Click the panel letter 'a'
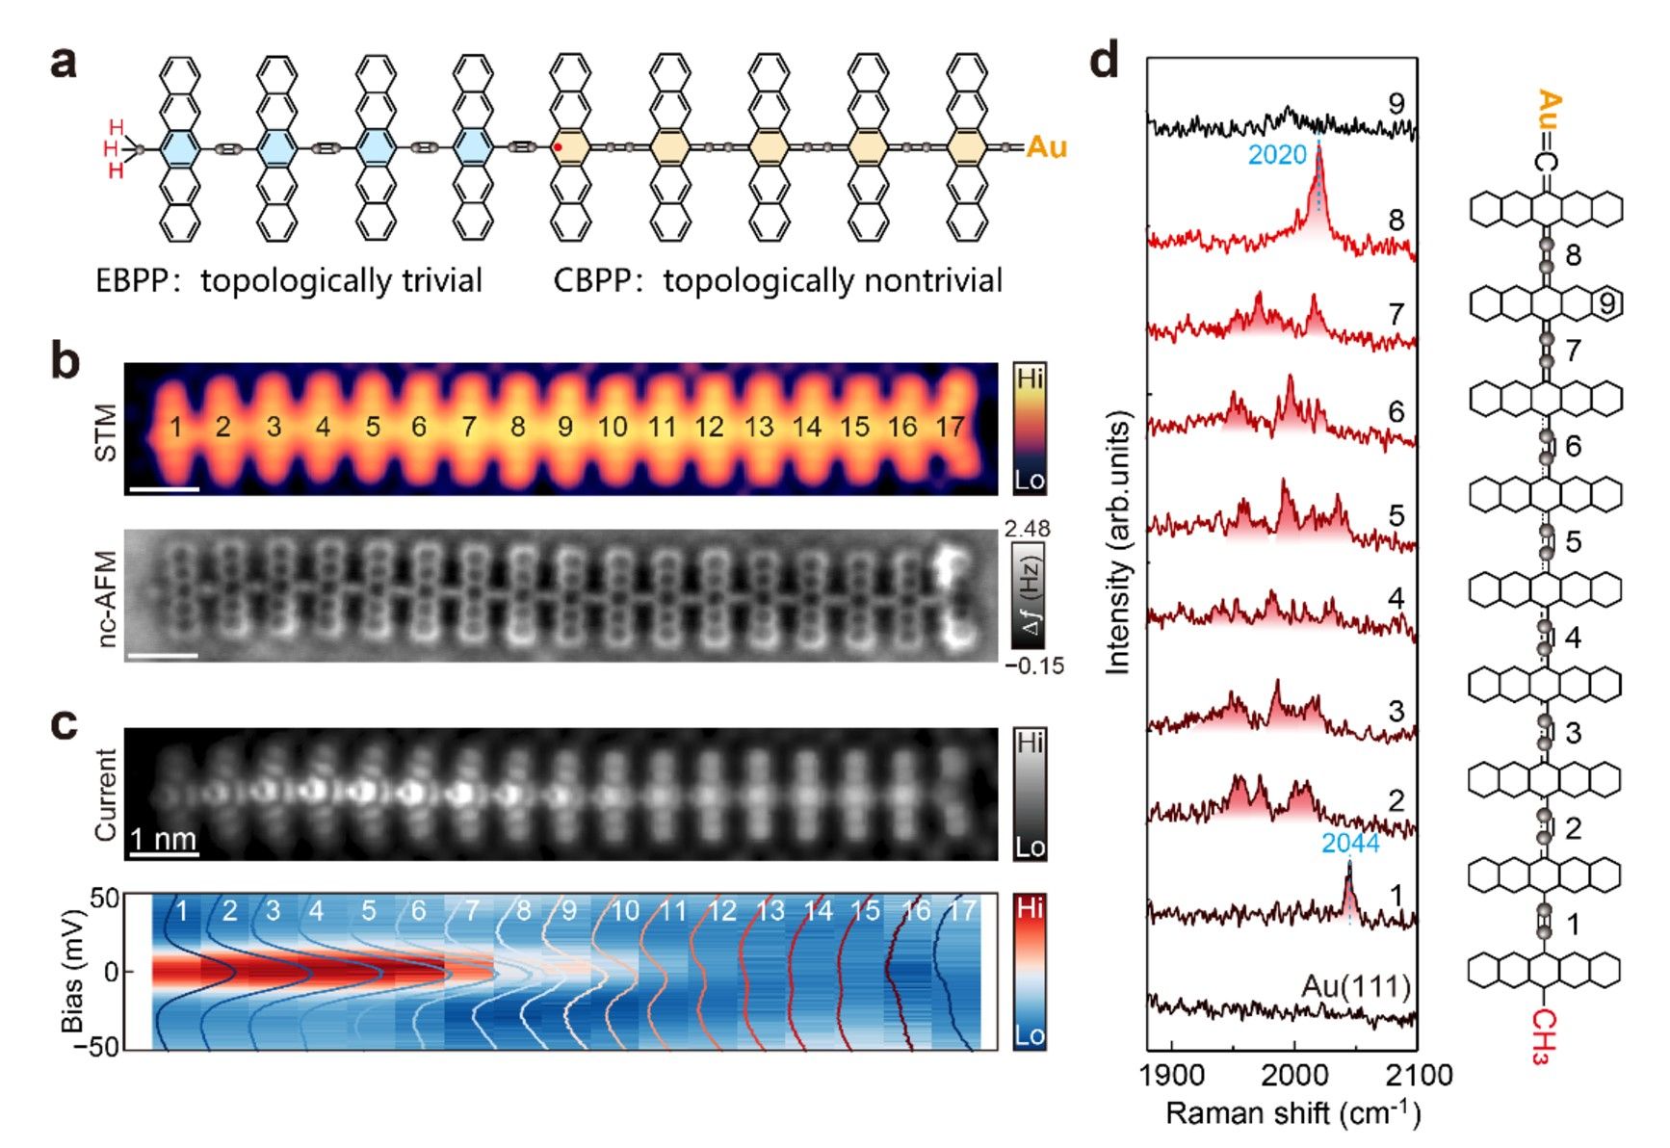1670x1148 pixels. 63,65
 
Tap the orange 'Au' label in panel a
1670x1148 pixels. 1046,147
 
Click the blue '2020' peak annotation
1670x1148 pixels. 1276,155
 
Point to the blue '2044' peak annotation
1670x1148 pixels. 1349,844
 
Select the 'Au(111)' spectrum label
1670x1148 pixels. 1356,986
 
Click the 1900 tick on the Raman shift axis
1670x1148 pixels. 1172,1074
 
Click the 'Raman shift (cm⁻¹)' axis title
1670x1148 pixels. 1292,1113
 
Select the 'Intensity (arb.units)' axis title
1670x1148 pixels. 1117,543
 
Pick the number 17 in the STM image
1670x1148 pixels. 950,427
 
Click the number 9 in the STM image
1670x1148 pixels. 565,427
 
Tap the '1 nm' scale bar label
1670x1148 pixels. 163,839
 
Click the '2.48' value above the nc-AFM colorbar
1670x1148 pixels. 1027,529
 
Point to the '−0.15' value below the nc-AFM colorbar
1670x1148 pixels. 1033,665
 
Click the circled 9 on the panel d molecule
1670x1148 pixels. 1606,304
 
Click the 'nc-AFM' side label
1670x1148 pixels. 106,597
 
